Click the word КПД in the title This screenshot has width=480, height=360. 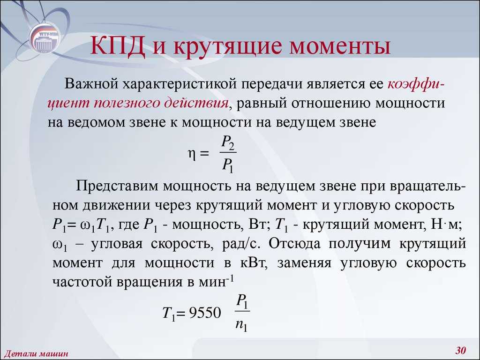(x=118, y=46)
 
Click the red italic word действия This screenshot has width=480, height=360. (x=196, y=103)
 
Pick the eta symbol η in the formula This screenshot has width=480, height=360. (x=191, y=154)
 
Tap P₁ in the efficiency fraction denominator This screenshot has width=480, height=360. (x=227, y=166)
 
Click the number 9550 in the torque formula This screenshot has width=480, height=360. (x=205, y=313)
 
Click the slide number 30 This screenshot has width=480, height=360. (x=460, y=350)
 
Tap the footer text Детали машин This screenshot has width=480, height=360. (x=36, y=354)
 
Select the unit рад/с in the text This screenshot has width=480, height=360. (x=241, y=244)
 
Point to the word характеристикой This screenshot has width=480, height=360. (x=180, y=84)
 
